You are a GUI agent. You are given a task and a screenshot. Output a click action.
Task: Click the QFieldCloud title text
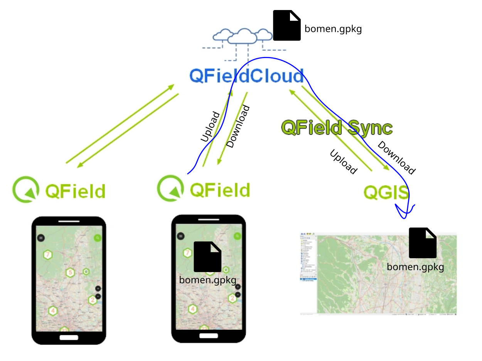click(x=246, y=76)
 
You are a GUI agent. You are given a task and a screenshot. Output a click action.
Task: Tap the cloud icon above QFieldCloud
click(x=242, y=36)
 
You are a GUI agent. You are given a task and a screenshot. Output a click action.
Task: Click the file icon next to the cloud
click(x=287, y=25)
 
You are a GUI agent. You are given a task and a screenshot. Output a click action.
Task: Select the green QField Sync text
click(x=337, y=127)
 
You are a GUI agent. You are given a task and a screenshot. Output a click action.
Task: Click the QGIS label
click(x=386, y=192)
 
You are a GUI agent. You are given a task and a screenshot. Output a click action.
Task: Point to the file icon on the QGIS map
click(x=423, y=243)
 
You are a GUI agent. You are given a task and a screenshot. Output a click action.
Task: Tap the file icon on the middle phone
click(x=207, y=257)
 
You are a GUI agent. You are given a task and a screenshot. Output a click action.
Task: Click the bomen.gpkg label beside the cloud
click(x=333, y=29)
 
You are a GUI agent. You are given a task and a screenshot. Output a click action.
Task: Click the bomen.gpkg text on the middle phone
click(x=207, y=280)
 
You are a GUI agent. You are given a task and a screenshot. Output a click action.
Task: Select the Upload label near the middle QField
click(x=210, y=127)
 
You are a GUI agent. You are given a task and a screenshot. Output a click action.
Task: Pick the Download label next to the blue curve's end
click(x=396, y=158)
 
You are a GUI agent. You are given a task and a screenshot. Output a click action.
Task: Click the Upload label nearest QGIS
click(x=343, y=162)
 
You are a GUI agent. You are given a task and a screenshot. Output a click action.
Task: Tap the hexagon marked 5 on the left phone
click(x=70, y=273)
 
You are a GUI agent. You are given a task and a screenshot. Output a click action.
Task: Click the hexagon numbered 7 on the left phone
click(x=48, y=254)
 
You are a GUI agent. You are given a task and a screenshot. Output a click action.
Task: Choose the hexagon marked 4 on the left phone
click(x=53, y=311)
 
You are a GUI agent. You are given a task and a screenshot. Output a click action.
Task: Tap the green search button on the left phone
click(x=98, y=238)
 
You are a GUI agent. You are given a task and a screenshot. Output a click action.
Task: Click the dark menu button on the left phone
click(x=41, y=237)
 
